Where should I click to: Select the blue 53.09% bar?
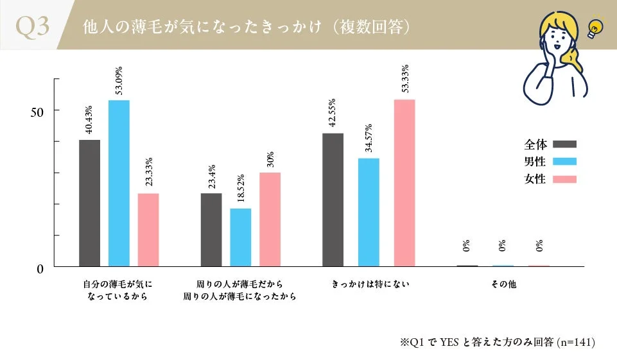point(119,183)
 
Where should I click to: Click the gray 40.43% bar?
point(89,203)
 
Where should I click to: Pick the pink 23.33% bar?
point(148,230)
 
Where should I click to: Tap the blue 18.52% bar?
point(241,237)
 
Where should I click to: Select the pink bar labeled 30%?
point(270,219)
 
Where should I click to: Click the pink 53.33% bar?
point(404,183)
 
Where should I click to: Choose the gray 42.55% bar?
point(333,200)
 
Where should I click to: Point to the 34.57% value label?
point(369,139)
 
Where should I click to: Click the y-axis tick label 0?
point(39,269)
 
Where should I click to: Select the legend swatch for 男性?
point(564,162)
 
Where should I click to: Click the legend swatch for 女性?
point(564,179)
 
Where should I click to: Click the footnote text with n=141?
point(498,342)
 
